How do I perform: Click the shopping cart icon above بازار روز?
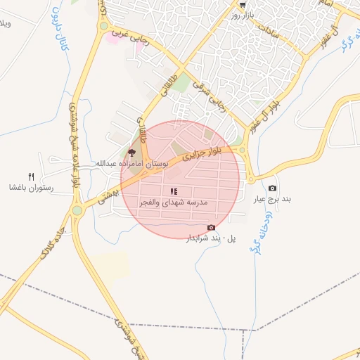pyautogui.click(x=243, y=4)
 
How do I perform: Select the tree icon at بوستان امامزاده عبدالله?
pyautogui.click(x=131, y=153)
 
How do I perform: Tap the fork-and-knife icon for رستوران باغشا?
pyautogui.click(x=30, y=176)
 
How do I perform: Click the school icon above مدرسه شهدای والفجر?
pyautogui.click(x=174, y=191)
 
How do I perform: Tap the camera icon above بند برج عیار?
pyautogui.click(x=272, y=188)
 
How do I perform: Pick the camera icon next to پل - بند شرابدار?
pyautogui.click(x=211, y=227)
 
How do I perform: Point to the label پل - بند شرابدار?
pyautogui.click(x=211, y=238)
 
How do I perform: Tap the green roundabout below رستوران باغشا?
pyautogui.click(x=77, y=210)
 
